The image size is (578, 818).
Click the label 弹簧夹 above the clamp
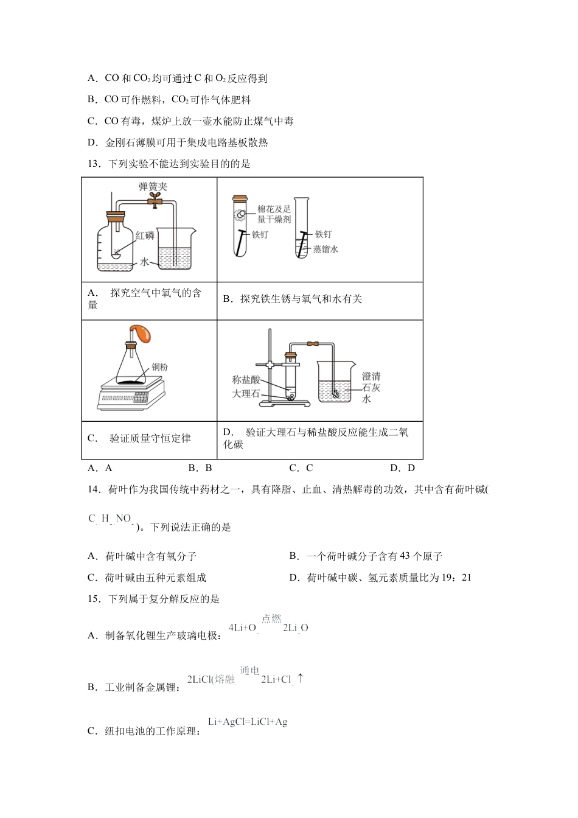tap(152, 187)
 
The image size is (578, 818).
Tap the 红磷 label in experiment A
tap(145, 236)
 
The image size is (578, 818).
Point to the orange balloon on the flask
tap(145, 334)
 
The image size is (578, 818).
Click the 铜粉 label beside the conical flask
tap(159, 367)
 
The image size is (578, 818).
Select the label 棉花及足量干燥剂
tap(274, 214)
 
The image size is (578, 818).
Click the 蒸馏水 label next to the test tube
tap(326, 249)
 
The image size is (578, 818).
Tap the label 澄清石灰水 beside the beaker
tap(371, 388)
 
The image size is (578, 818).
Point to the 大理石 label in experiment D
tap(246, 394)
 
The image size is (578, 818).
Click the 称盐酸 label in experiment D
tap(246, 379)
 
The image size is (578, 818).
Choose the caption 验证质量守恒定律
tap(150, 438)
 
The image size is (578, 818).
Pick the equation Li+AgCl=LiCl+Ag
tap(248, 722)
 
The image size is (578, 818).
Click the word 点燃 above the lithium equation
tap(271, 618)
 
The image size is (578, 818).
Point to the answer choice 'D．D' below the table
tap(402, 468)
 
